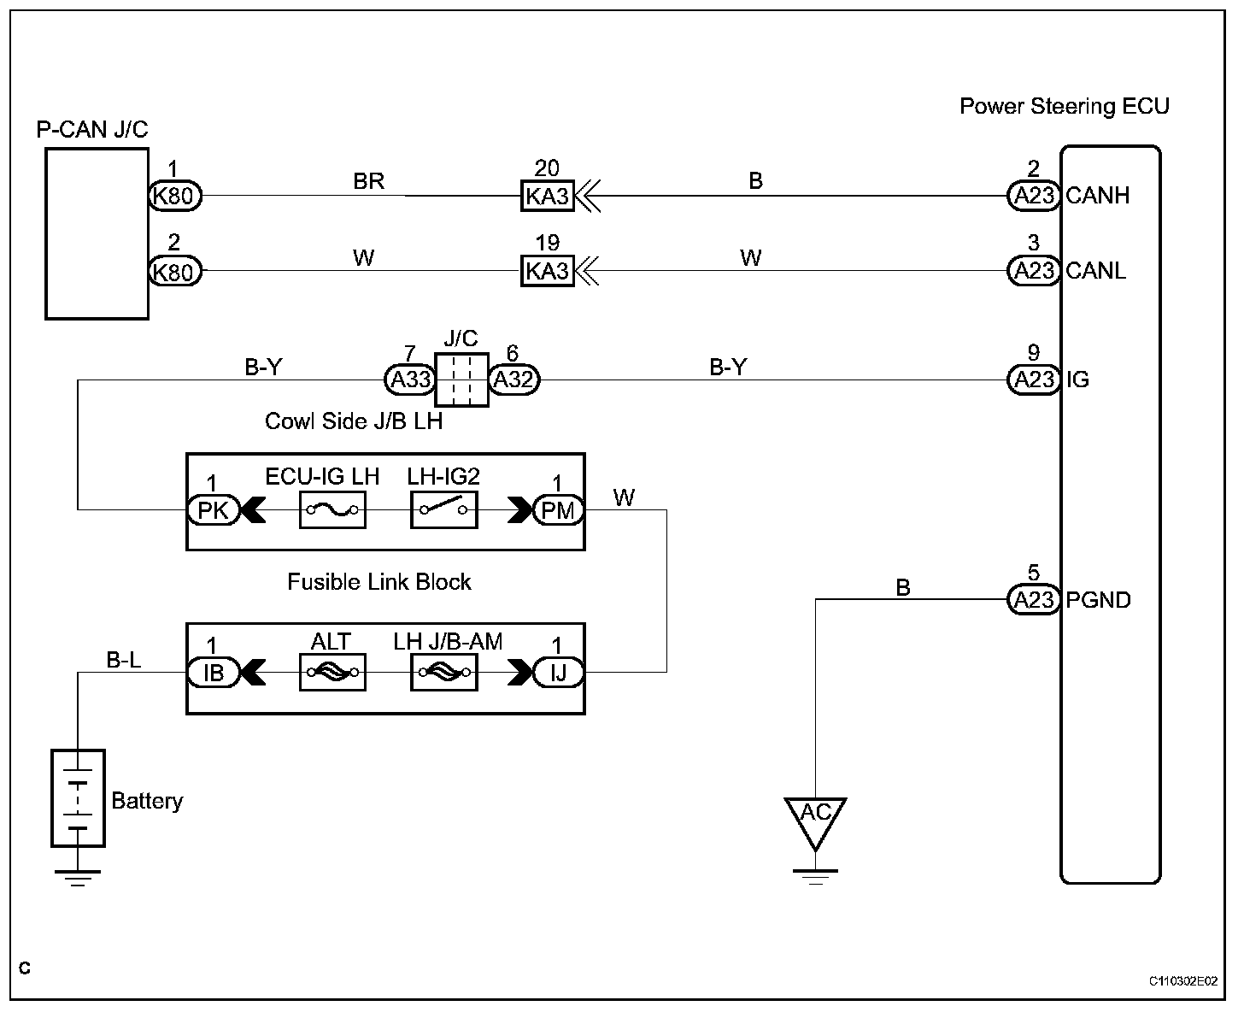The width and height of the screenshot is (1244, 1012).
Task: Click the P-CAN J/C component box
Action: (97, 233)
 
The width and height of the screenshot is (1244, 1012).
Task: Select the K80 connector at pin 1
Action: (175, 196)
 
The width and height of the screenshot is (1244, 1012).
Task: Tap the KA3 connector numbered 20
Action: (547, 196)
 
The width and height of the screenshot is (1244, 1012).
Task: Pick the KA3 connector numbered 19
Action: (547, 271)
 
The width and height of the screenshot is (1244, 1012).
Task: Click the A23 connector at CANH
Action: (1034, 196)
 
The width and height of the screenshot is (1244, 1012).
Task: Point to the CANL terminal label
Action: (1096, 271)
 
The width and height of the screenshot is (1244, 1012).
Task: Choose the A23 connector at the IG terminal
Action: (1034, 379)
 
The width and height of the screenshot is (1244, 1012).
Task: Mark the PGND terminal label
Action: (1098, 600)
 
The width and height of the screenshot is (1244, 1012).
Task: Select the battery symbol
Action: (78, 798)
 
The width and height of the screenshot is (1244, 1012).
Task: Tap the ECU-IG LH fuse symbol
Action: (332, 510)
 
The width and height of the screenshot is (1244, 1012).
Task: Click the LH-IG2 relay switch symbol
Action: (443, 510)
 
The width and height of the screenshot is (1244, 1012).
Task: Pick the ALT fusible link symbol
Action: (332, 673)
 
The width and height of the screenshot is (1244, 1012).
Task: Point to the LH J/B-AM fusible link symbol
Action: (443, 673)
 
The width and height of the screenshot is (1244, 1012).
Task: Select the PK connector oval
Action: (213, 510)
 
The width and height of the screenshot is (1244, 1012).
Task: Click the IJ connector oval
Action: (558, 673)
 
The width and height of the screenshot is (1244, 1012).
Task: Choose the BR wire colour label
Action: (368, 181)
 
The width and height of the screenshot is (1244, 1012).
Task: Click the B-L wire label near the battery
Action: (124, 660)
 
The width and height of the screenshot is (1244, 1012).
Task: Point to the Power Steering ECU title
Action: (1064, 106)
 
